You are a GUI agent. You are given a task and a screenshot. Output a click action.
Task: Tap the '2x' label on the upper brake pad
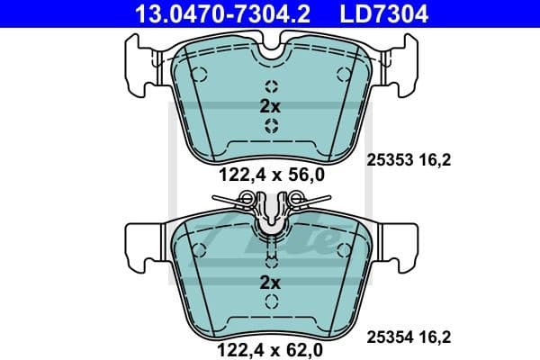(x=270, y=105)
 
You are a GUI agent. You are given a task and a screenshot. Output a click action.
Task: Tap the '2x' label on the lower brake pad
(x=270, y=282)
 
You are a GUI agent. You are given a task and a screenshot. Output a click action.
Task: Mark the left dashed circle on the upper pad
(x=200, y=74)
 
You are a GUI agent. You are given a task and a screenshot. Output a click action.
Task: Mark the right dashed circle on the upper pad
(x=341, y=74)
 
